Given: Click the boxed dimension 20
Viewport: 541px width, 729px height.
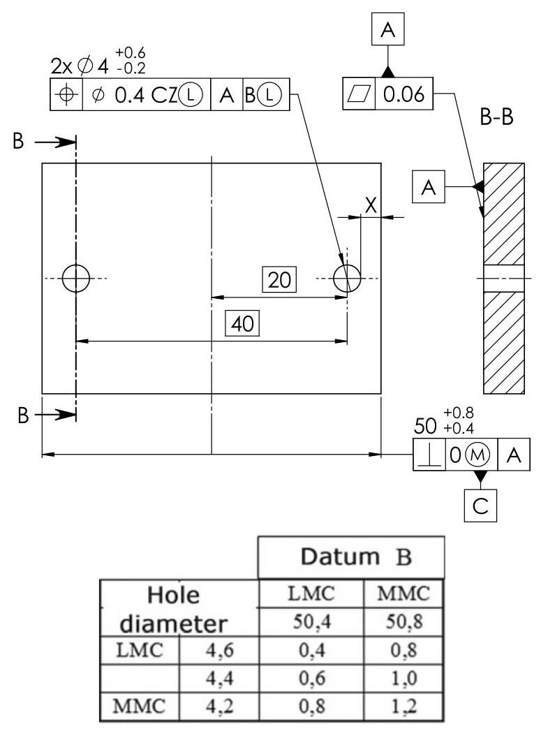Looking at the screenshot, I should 279,280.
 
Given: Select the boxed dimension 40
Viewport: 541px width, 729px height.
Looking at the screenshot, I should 242,324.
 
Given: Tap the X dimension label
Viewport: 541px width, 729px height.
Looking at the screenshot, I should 371,205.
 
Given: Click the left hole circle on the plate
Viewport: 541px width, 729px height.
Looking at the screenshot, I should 75,279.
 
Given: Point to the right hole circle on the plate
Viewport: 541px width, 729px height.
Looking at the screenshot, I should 346,279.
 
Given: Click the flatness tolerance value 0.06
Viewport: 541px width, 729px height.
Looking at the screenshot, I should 404,95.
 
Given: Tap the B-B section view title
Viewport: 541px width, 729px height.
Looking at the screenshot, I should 496,118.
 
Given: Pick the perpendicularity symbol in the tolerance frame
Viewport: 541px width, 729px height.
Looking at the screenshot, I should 429,455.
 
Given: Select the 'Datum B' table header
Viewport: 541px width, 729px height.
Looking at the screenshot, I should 351,558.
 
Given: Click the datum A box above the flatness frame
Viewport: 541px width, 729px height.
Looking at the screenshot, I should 388,31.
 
